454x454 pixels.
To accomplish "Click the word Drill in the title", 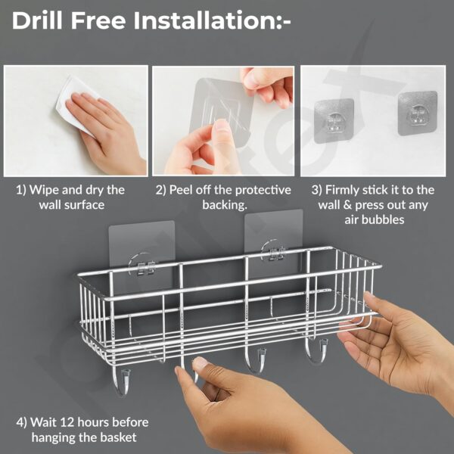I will pyautogui.click(x=41, y=20).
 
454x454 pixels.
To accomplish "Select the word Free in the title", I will pyautogui.click(x=102, y=20).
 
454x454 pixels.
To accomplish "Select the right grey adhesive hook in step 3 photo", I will pyautogui.click(x=417, y=113).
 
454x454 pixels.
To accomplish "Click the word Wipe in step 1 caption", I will pyautogui.click(x=46, y=190).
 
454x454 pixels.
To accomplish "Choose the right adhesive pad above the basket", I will pyautogui.click(x=273, y=236).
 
